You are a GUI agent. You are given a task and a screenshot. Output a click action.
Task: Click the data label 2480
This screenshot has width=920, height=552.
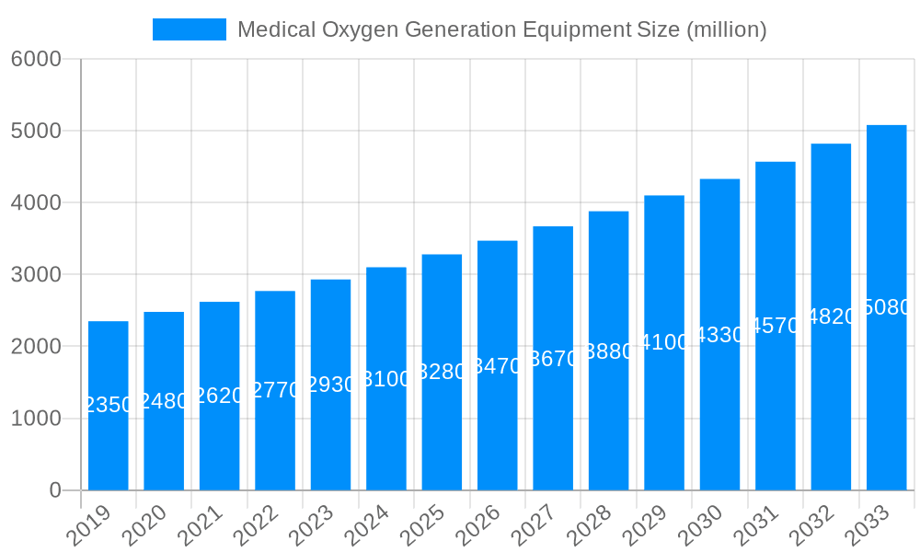[x=164, y=401]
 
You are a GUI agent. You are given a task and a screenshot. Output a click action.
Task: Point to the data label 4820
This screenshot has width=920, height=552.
[x=831, y=317]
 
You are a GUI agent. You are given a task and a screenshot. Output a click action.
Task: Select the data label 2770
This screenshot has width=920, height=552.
[x=275, y=390]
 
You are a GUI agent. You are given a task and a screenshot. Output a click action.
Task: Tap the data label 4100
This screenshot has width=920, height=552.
[x=664, y=343]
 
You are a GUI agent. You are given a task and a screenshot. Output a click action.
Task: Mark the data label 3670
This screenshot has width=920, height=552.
[x=553, y=359]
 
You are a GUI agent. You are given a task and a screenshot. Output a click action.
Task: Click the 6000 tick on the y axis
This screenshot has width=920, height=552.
[x=36, y=59]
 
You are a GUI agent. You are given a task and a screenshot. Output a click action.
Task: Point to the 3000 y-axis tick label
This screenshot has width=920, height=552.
[x=36, y=274]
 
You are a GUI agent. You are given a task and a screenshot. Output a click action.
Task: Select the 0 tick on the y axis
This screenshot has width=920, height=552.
[x=55, y=490]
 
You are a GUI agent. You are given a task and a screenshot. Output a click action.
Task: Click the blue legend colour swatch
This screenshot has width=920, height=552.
[x=189, y=29]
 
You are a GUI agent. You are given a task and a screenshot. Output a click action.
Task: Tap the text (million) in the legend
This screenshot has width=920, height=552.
[x=726, y=29]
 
